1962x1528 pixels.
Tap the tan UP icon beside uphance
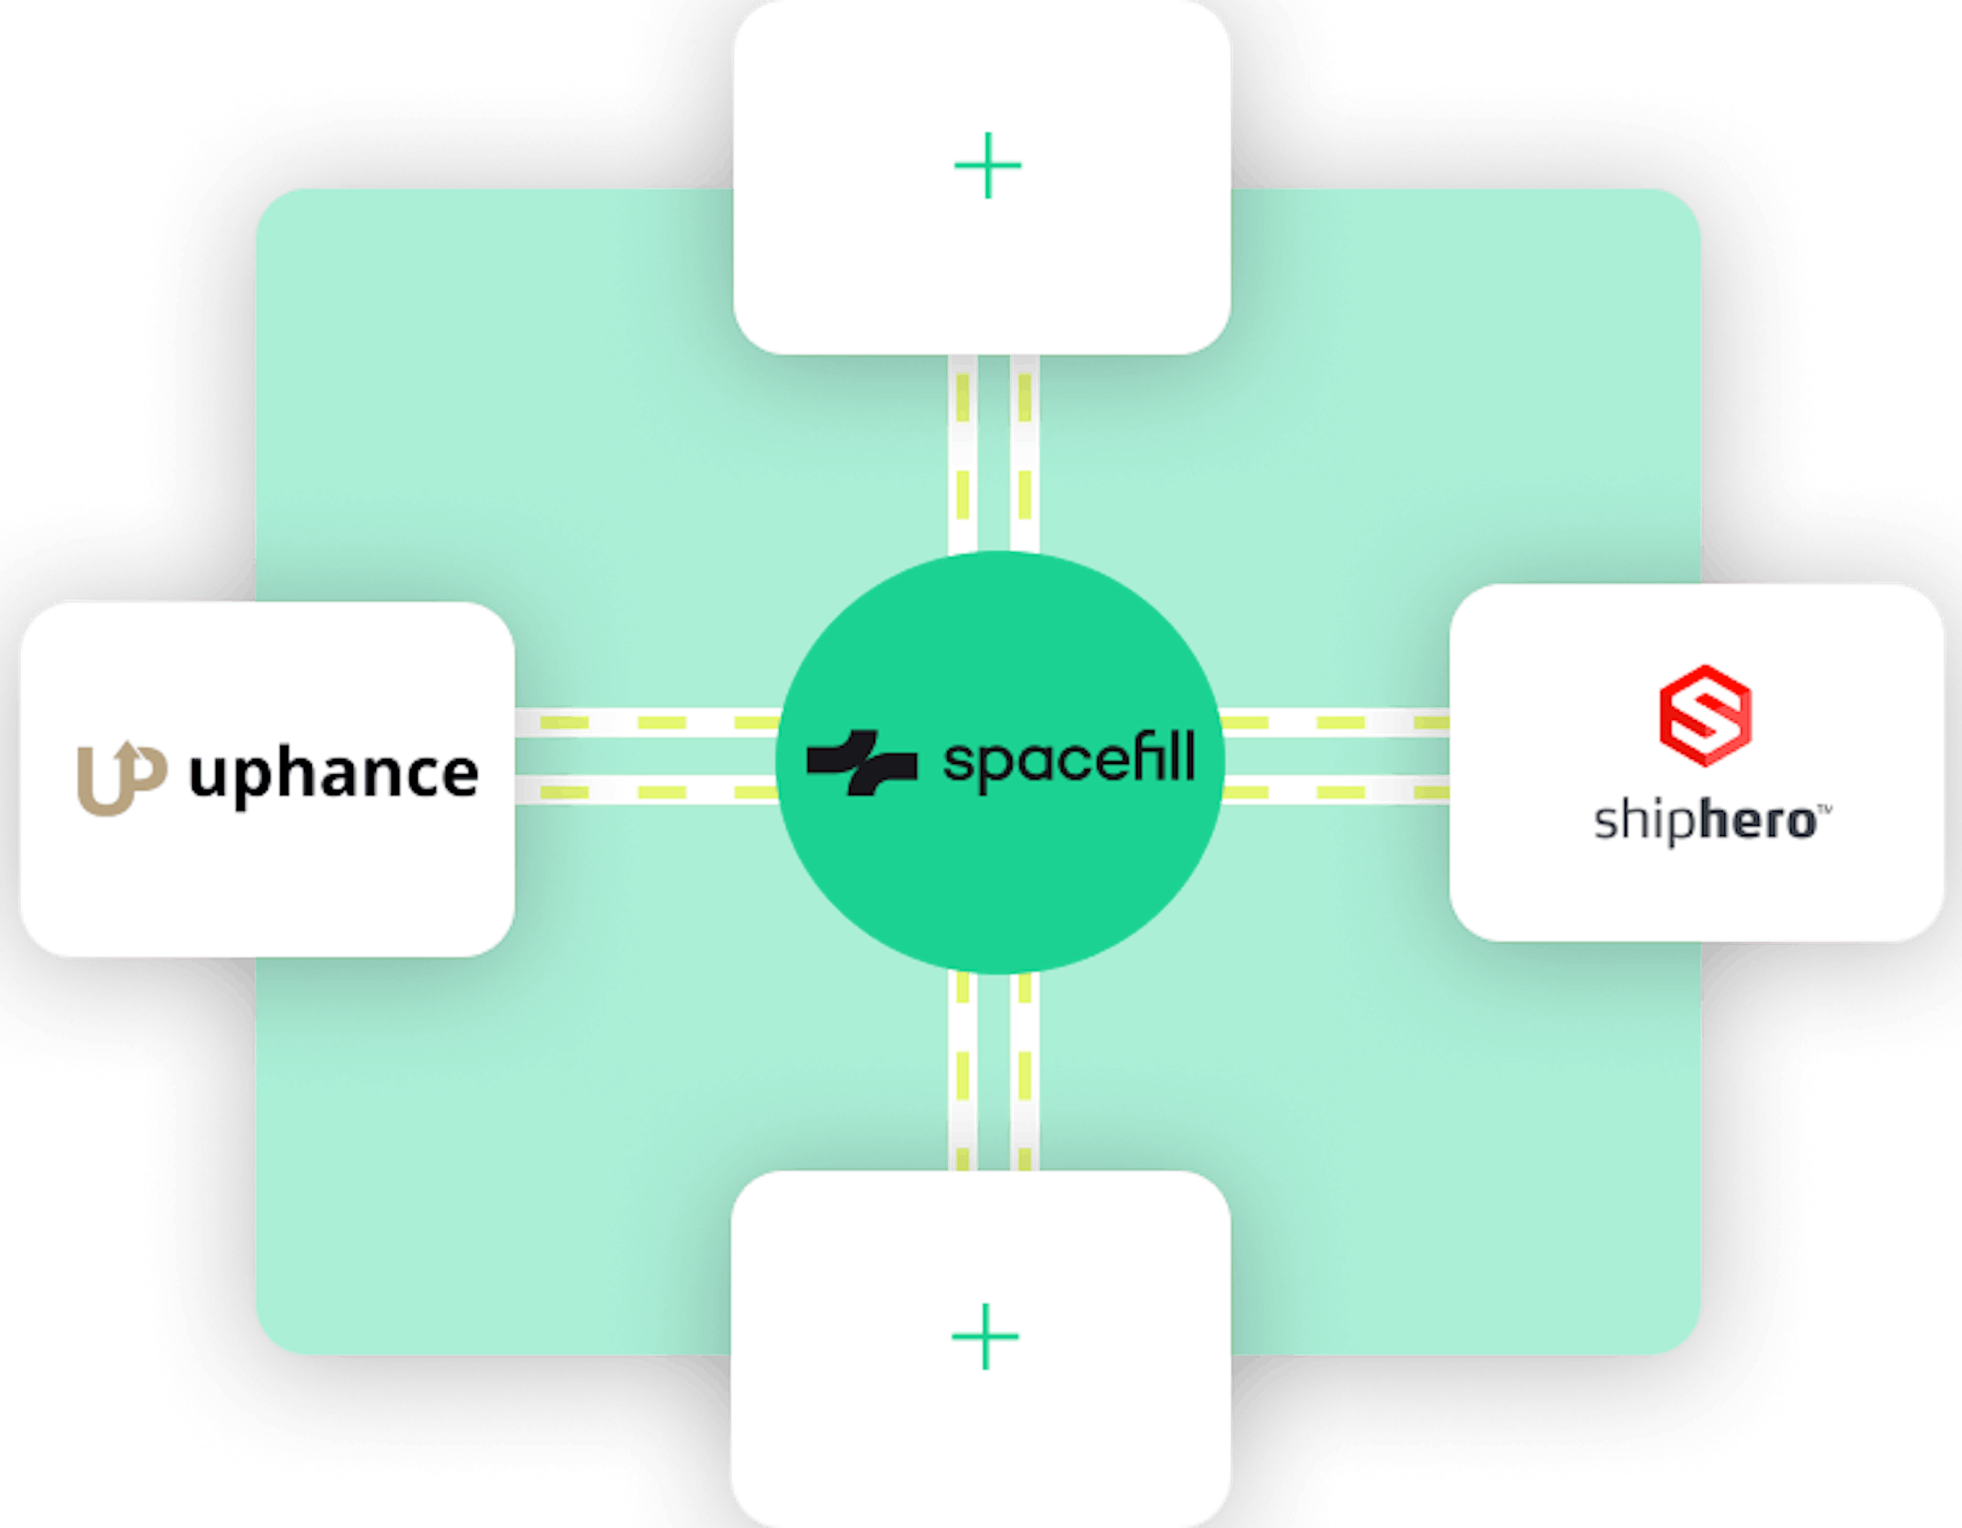coord(122,778)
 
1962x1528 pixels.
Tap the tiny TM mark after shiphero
coord(1825,809)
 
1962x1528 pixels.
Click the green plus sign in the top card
coord(987,165)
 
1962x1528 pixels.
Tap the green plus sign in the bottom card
coord(985,1336)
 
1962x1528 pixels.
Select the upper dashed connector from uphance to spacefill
coord(647,722)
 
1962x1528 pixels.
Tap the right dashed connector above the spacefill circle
coord(1025,454)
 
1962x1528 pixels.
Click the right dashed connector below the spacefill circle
coord(1025,1072)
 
